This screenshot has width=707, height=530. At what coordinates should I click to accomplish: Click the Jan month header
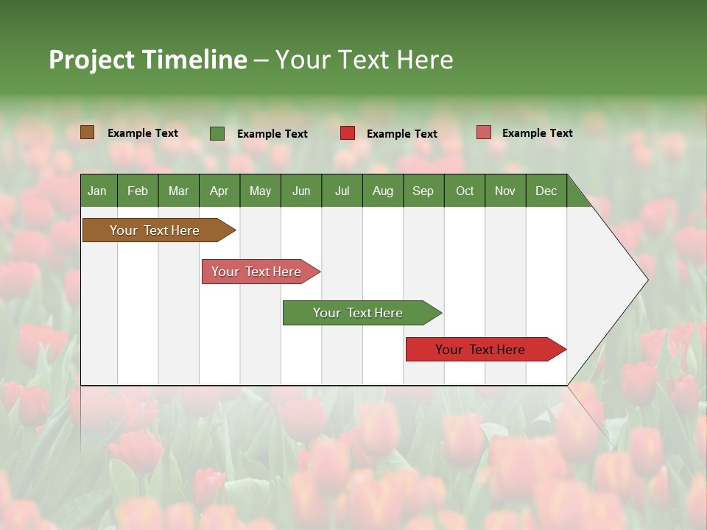click(97, 191)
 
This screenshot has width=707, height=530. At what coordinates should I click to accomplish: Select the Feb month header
click(138, 191)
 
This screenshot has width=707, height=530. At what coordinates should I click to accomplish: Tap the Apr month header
click(219, 191)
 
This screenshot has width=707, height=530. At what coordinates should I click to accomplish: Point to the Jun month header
click(301, 191)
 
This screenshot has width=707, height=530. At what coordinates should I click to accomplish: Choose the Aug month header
click(382, 191)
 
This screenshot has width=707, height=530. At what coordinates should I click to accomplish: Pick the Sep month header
click(423, 191)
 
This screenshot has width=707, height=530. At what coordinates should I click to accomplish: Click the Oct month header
click(465, 191)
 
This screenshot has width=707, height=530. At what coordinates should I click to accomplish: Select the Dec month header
click(546, 191)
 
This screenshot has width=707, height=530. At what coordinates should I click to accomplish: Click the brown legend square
click(88, 132)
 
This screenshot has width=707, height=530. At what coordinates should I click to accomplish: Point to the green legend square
click(217, 133)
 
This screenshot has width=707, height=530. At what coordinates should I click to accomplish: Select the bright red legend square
click(348, 133)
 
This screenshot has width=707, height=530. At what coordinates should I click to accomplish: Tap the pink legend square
click(484, 132)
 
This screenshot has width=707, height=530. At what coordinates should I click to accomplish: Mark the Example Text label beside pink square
click(537, 133)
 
